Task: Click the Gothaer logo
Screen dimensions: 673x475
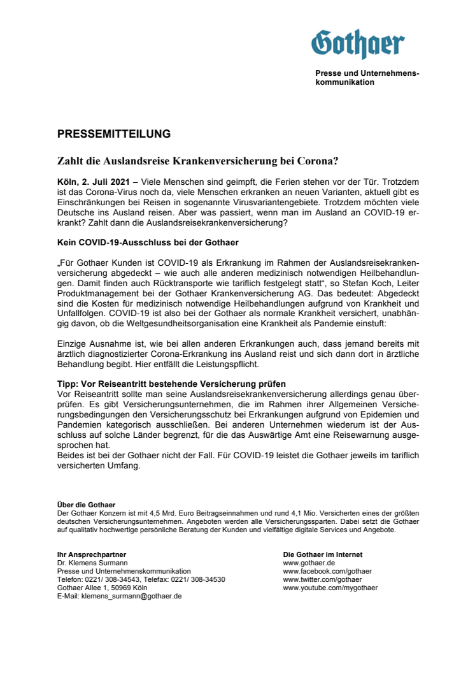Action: [358, 44]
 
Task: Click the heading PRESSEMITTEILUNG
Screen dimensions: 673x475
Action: [114, 134]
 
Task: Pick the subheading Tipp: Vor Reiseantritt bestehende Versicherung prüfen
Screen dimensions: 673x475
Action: [171, 384]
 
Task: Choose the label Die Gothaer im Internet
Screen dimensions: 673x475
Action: [322, 554]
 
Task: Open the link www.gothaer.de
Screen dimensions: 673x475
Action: [309, 563]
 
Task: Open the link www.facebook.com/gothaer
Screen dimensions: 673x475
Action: [327, 571]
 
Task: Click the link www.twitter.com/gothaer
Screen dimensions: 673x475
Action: [322, 579]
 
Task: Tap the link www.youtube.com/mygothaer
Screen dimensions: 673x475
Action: [330, 588]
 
